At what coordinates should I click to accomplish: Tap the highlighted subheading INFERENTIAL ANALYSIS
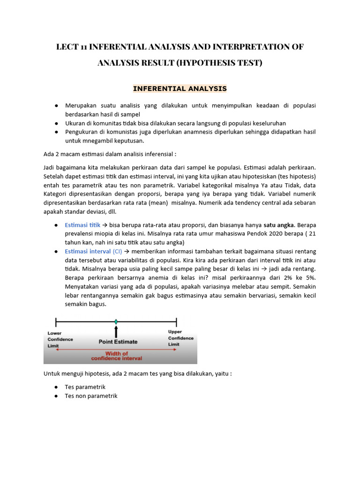(180, 88)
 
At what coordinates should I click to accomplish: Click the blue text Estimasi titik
(82, 225)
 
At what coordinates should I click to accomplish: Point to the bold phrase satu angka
(279, 225)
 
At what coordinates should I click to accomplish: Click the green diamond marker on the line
(116, 322)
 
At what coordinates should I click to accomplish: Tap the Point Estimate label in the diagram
(118, 342)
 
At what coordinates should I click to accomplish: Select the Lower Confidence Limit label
(60, 338)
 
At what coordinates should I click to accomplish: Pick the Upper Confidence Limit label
(180, 338)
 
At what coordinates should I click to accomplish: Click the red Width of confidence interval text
(116, 356)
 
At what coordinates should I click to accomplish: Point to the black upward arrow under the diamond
(116, 331)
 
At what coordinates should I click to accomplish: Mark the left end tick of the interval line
(56, 322)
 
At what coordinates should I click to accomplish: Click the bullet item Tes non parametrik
(91, 396)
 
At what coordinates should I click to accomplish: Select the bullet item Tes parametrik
(85, 387)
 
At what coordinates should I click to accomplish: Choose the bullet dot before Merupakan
(56, 106)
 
